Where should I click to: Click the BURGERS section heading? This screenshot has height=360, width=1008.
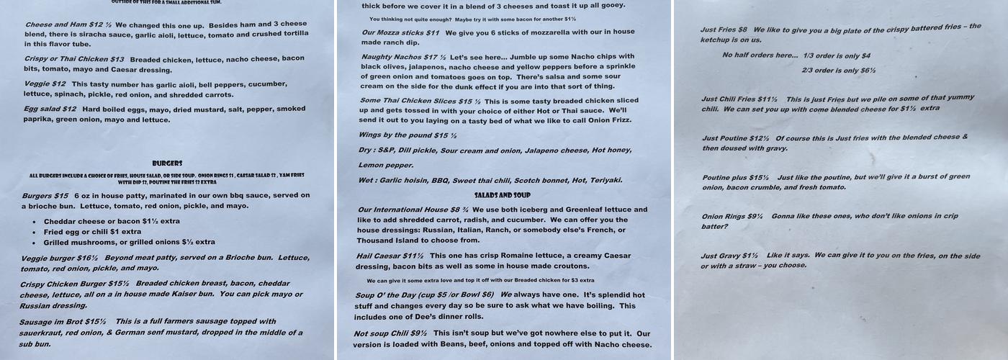coord(167,163)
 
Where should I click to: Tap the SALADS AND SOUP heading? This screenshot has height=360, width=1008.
coord(502,195)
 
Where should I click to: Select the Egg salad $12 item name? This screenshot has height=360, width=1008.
coord(49,109)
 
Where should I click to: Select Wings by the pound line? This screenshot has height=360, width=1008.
coord(407,135)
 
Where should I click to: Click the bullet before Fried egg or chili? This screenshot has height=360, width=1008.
coord(34,232)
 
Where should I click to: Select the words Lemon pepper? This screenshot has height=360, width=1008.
coord(385,165)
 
